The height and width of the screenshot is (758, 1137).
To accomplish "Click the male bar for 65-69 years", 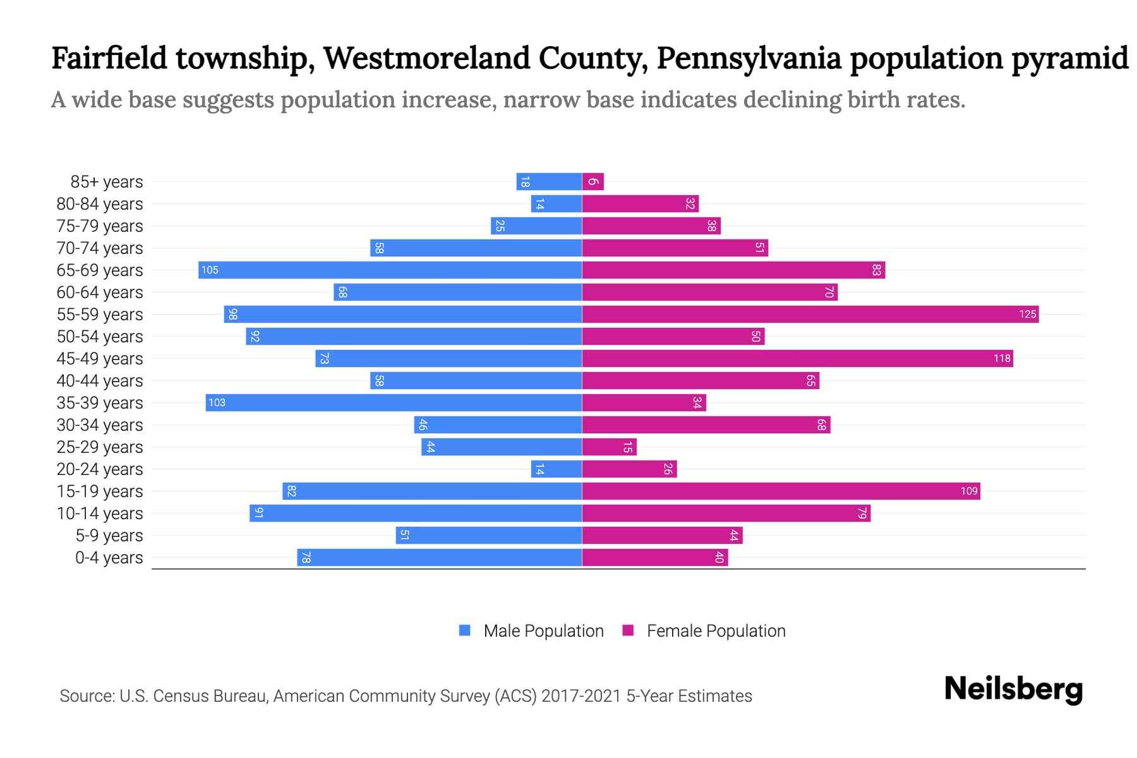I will coord(390,270).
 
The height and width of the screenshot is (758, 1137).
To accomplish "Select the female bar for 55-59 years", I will coord(810,315).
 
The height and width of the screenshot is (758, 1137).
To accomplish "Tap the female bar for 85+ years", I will coord(593,182).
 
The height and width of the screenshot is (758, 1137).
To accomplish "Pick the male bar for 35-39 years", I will coord(394,403).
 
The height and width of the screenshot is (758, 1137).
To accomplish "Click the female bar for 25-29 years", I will coord(609,447).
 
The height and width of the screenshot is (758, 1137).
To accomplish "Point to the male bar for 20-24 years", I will coord(556,469).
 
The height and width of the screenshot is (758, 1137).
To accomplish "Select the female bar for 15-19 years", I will coord(781,491).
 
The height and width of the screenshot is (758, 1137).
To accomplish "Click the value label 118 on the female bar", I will coord(1001,359).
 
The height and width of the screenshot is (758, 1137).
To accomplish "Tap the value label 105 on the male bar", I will coord(210,270).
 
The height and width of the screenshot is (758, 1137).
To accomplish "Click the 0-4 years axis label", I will coord(109,558).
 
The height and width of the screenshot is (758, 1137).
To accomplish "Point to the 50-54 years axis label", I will coord(100,337).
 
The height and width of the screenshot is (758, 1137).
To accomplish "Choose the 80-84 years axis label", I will coord(100,204).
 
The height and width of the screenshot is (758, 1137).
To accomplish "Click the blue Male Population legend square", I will coord(465,630).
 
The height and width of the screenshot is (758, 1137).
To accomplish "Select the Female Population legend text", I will coord(716,631).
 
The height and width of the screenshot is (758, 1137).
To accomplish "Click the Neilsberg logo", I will coord(1013,689).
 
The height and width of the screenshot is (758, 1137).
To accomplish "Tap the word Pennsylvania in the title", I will coord(749,59).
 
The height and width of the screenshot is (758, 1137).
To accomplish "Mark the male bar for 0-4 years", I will coord(439,558).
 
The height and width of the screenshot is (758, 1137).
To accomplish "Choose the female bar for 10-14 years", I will coord(726,514).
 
